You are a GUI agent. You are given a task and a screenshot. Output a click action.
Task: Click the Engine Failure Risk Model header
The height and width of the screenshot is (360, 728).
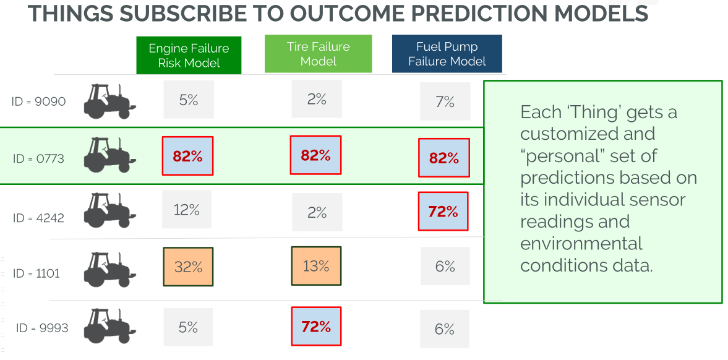[x=189, y=55]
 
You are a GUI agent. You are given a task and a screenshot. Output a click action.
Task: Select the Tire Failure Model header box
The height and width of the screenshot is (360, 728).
[x=318, y=54]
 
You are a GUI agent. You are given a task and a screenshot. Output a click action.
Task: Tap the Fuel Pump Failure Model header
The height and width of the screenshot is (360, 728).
[x=447, y=54]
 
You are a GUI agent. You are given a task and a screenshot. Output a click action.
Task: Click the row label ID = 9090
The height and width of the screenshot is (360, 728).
[x=38, y=101]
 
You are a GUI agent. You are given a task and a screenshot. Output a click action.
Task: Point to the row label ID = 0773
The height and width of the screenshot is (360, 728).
[x=38, y=159]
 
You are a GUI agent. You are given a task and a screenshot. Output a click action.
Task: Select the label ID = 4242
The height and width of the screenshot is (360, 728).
[x=38, y=218]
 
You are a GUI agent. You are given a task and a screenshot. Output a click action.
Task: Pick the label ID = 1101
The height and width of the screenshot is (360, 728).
[x=36, y=273]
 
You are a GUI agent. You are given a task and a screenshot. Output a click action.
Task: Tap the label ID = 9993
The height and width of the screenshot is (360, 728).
[x=42, y=328]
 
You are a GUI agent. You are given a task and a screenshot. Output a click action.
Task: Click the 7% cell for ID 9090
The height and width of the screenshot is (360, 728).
[x=445, y=101]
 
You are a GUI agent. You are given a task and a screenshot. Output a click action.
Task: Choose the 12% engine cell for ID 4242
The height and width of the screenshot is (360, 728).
[x=187, y=210]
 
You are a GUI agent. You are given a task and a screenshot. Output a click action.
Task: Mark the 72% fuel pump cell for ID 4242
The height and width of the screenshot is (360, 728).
[x=443, y=212]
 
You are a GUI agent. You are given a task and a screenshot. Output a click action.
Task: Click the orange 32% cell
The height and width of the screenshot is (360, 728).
[x=188, y=267]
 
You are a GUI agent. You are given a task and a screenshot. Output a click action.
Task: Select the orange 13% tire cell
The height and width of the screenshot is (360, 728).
[x=316, y=266]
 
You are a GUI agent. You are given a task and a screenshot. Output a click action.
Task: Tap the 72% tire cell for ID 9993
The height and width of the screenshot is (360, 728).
[x=316, y=327]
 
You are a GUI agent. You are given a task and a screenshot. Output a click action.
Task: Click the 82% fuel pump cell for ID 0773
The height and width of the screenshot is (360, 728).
[x=444, y=158]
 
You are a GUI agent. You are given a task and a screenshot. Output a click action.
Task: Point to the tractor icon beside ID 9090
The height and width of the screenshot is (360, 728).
[x=109, y=101]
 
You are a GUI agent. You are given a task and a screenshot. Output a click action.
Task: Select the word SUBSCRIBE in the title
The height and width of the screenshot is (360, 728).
[x=208, y=13]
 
